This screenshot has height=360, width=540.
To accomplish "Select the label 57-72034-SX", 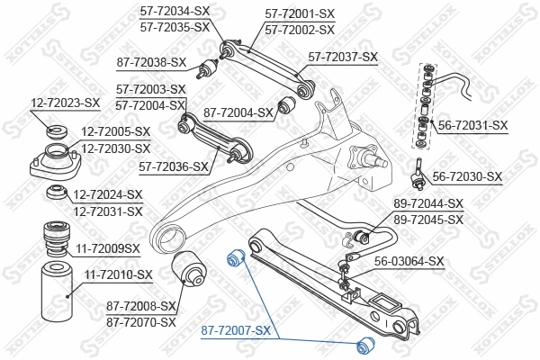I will click(x=175, y=12).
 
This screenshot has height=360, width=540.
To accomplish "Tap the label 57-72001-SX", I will click(x=300, y=14).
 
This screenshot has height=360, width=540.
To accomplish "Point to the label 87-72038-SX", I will click(x=152, y=62).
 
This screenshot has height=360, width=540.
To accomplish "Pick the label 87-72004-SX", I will click(x=238, y=112).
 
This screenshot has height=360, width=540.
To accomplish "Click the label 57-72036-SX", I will click(x=173, y=166).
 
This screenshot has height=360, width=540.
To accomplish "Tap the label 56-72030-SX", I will click(x=467, y=176).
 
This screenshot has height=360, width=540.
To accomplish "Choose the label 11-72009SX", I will click(x=107, y=247).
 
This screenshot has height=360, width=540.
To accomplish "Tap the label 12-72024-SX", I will click(x=108, y=194).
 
